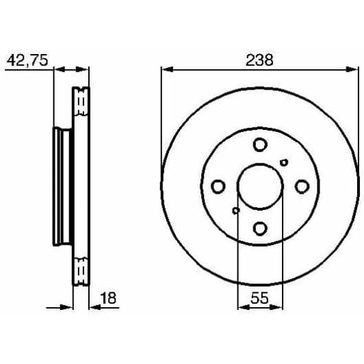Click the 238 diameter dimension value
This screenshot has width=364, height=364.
coord(259,60)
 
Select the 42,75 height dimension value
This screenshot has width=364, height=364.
coord(27,60)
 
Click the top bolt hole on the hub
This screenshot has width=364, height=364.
coord(259,144)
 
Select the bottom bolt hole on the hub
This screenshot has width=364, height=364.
coord(259,228)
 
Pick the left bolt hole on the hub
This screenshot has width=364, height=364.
coord(218,186)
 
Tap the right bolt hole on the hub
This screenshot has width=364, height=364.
coord(301,186)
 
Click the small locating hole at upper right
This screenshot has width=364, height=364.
coord(285,162)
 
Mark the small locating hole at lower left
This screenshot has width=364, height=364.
coord(235,210)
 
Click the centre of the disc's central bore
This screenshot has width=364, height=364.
coord(259,186)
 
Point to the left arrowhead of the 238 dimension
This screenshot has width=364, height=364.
coord(165,68)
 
